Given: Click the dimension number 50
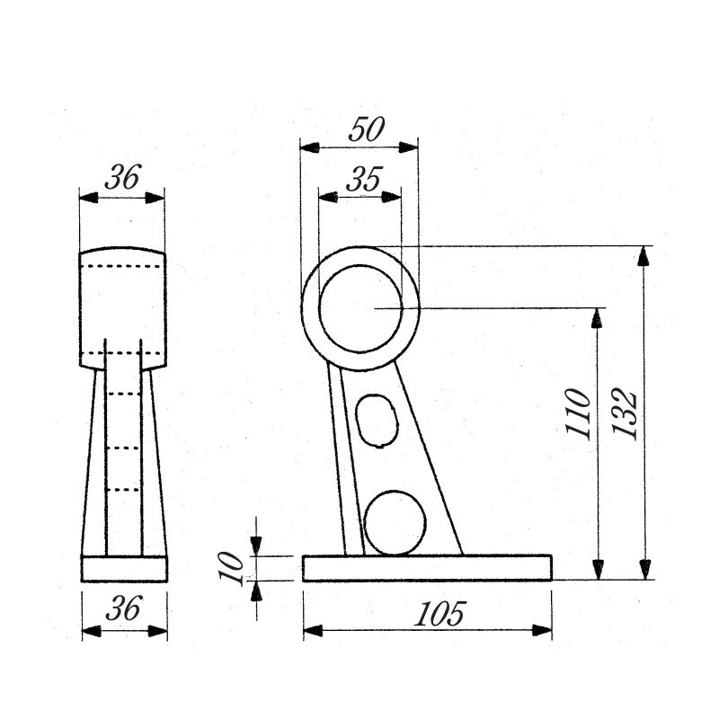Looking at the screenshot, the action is [x=367, y=129].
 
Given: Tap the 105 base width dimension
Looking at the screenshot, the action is [x=439, y=614].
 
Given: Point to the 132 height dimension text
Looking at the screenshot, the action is [x=625, y=414].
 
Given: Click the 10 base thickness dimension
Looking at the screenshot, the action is [x=231, y=568].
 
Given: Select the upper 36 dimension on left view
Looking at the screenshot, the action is [x=122, y=177].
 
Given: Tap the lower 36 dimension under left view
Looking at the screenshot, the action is [x=123, y=608].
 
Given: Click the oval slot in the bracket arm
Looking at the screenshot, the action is [x=377, y=420].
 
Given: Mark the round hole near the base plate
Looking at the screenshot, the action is [x=395, y=523].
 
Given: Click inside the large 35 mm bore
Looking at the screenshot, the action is [x=361, y=308].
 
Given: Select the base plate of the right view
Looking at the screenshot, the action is [x=427, y=568].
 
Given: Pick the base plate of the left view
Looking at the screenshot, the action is [x=124, y=569].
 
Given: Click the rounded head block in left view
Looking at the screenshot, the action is [x=123, y=308].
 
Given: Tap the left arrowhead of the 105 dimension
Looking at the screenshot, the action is [x=313, y=631].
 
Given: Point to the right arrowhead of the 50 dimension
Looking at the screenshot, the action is [x=409, y=147].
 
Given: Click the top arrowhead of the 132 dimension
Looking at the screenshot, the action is [x=644, y=256].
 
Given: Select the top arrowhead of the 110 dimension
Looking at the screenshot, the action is [x=597, y=318].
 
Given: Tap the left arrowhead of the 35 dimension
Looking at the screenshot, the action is [x=328, y=197].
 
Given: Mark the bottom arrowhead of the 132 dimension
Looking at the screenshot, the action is [x=645, y=570].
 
